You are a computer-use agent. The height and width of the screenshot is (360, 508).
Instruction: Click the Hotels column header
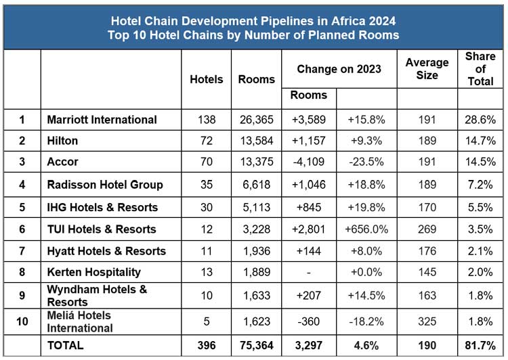tap(207, 79)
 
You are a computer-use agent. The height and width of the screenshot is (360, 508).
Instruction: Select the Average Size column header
tap(427, 69)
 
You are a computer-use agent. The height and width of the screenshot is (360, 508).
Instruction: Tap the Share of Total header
tap(480, 69)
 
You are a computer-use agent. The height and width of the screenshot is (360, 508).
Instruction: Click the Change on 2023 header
tap(339, 69)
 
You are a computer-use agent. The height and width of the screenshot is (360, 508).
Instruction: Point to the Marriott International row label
tap(102, 120)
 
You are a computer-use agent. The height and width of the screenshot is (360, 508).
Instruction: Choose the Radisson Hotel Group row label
tap(105, 185)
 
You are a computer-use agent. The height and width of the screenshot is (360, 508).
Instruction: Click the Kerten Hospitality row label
tap(94, 272)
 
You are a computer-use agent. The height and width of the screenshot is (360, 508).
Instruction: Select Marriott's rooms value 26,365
tap(257, 120)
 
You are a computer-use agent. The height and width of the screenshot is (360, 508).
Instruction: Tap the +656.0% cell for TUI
tap(366, 229)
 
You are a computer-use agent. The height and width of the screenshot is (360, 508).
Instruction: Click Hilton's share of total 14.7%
tap(480, 141)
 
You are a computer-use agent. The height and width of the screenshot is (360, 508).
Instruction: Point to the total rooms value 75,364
tap(257, 345)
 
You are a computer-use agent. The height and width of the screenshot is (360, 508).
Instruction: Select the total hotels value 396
tap(206, 345)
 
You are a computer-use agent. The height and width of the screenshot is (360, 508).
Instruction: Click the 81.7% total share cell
tap(480, 345)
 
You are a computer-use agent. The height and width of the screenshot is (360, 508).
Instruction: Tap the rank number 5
tap(22, 207)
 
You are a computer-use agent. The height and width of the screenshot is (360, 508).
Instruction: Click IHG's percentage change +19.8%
tap(366, 207)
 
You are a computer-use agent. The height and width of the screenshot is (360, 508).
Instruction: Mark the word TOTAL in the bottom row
tap(65, 345)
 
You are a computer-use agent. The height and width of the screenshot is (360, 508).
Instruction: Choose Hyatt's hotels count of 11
tap(206, 251)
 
